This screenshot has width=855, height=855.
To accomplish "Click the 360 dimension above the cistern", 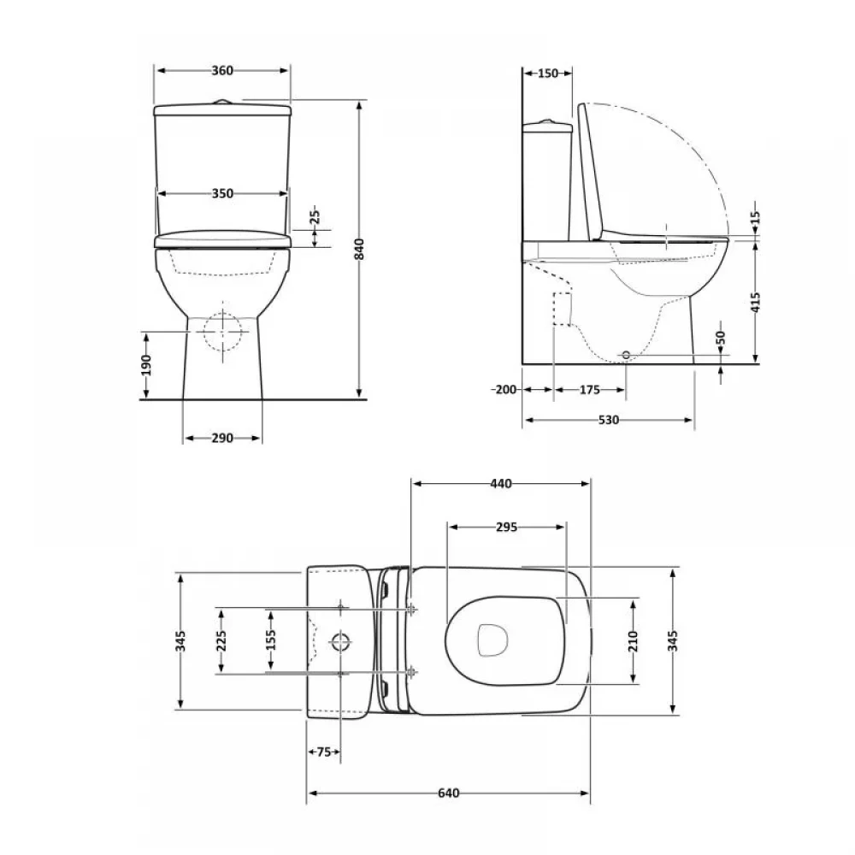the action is [222, 70].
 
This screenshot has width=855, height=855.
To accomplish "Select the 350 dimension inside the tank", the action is [222, 193].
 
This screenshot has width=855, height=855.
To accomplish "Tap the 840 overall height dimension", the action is [359, 249].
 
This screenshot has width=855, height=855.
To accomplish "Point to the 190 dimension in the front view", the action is [146, 365].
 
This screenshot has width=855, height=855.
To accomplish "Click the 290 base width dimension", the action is [222, 438].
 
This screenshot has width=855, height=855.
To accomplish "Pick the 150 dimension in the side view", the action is [548, 73].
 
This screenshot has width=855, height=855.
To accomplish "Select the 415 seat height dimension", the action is [755, 302].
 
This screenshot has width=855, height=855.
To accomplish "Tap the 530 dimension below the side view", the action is [609, 420].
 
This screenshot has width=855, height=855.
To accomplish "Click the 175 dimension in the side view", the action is [589, 390].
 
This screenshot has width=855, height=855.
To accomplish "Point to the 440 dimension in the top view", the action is [501, 484].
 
